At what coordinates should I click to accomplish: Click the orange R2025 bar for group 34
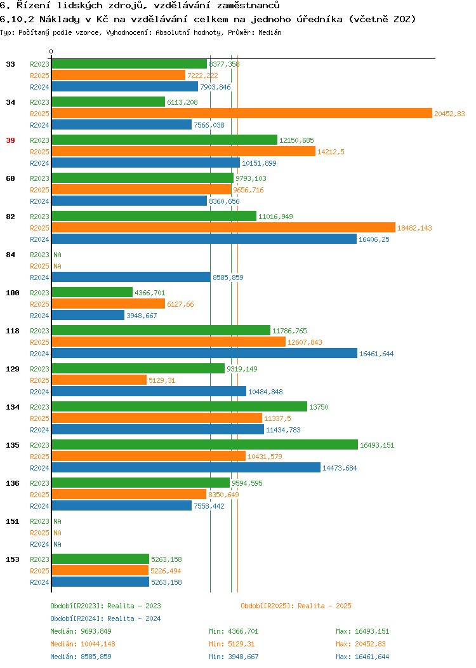click(242, 113)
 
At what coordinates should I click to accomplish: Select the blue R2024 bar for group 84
click(131, 277)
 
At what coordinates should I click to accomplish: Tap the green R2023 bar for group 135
click(205, 444)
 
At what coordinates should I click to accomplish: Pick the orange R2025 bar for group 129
click(99, 380)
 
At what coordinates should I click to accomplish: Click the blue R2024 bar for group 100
click(88, 315)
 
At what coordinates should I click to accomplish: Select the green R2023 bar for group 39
click(164, 140)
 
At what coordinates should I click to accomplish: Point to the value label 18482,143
click(414, 228)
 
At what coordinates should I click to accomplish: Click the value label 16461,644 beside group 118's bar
click(376, 354)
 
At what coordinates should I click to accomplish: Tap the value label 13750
click(319, 407)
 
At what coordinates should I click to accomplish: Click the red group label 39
click(10, 140)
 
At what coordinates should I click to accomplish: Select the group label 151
click(12, 521)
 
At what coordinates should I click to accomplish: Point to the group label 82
click(10, 217)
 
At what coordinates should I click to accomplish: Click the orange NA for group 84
click(58, 266)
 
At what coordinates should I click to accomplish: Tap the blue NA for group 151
click(58, 544)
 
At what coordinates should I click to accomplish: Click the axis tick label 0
click(51, 51)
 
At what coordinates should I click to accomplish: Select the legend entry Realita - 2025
click(324, 606)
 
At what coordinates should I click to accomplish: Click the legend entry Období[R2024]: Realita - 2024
click(105, 618)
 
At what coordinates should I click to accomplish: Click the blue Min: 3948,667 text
click(234, 657)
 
